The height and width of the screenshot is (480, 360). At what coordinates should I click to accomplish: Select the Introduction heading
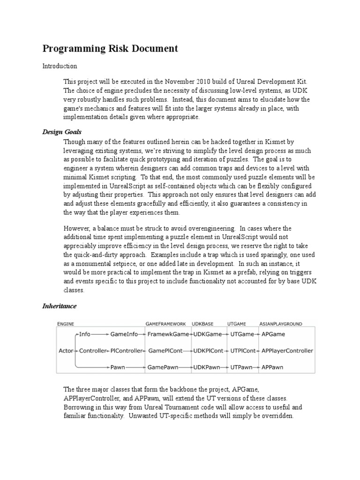click(x=60, y=66)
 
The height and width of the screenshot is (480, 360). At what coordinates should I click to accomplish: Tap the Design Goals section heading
click(x=62, y=132)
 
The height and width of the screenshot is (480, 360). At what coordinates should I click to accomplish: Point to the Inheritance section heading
click(x=60, y=306)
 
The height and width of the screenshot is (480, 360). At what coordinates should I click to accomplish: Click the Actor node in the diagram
click(x=65, y=351)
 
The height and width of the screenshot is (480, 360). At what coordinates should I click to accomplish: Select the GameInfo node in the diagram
click(x=125, y=334)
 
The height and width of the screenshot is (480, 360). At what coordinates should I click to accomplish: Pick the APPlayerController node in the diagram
click(x=287, y=351)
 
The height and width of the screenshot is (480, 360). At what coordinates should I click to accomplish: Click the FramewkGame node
click(x=168, y=334)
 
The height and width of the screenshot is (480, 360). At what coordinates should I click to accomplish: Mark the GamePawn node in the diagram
click(x=163, y=367)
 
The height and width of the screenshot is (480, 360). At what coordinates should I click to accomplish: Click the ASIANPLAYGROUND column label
click(x=280, y=323)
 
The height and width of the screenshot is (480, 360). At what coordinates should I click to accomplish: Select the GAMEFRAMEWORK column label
click(x=165, y=323)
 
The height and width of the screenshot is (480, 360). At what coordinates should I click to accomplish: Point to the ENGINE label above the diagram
click(x=65, y=323)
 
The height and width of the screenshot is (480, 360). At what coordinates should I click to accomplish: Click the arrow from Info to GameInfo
click(x=100, y=334)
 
